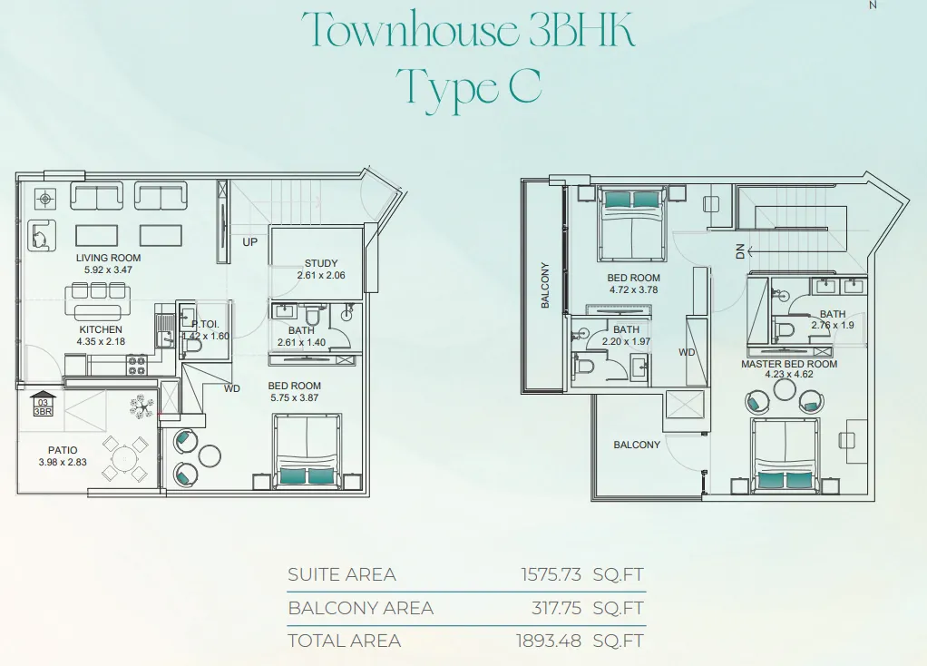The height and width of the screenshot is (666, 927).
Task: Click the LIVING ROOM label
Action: [x=108, y=258]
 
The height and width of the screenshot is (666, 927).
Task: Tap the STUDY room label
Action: [x=321, y=263]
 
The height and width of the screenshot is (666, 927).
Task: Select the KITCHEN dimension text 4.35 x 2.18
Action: [x=101, y=341]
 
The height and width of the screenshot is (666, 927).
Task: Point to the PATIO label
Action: [x=63, y=450]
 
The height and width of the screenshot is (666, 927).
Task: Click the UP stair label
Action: [x=249, y=242]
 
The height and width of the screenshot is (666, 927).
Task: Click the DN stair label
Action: [x=740, y=251]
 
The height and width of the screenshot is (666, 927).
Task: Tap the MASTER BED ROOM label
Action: [x=789, y=364]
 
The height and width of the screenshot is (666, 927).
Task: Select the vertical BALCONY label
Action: [x=545, y=285]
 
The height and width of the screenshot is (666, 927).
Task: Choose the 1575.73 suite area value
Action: [x=551, y=574]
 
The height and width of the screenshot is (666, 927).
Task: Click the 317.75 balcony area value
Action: [x=556, y=608]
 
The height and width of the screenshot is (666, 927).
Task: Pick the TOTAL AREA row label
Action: [x=344, y=641]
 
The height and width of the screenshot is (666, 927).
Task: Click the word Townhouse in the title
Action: [x=409, y=29]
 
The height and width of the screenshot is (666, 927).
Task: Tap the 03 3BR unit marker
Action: [x=43, y=404]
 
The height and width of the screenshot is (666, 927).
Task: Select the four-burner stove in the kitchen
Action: [x=137, y=365]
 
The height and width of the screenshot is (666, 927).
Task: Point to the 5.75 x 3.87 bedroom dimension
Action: [x=295, y=397]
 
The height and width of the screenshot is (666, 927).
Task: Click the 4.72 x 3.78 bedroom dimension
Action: [x=633, y=289]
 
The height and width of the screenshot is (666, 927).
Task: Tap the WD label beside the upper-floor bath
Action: [x=687, y=353]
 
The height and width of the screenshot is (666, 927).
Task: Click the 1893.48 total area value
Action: [x=549, y=641]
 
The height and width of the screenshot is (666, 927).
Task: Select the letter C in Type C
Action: [x=525, y=86]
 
